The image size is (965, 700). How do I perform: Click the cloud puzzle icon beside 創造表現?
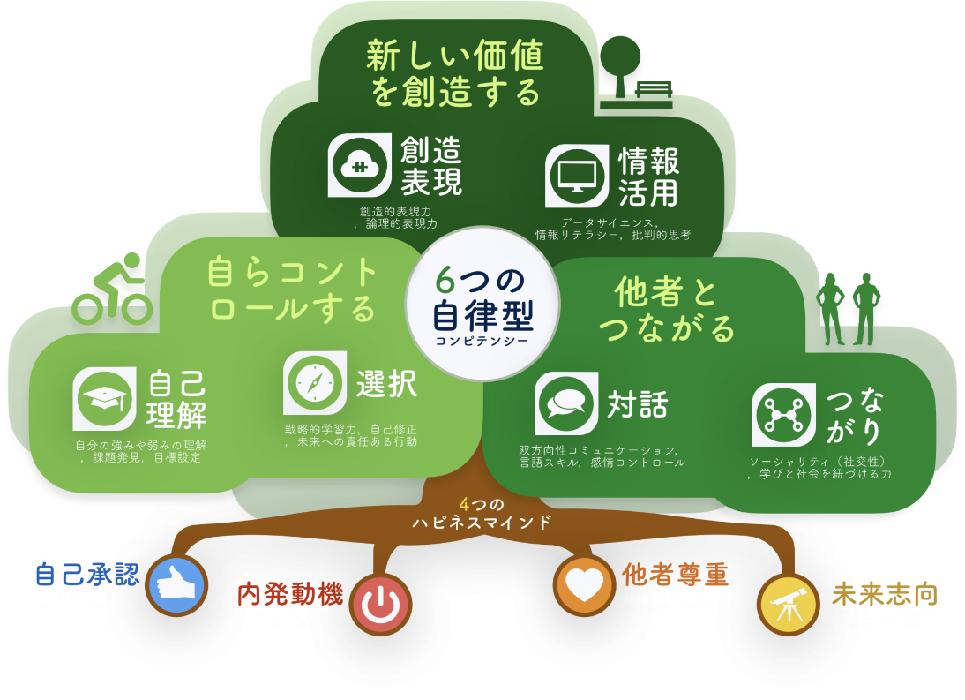(359, 165)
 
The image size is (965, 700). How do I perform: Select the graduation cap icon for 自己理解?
(105, 399)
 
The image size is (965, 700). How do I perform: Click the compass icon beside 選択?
(315, 382)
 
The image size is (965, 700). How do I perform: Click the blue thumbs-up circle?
(176, 585)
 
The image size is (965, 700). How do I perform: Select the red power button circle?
(380, 605)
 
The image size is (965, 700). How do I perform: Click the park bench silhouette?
(653, 92)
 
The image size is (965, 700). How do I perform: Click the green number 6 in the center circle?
(445, 281)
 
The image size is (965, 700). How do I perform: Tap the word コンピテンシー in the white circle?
(482, 341)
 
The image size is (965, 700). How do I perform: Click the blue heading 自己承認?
(87, 575)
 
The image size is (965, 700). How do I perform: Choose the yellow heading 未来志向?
(884, 594)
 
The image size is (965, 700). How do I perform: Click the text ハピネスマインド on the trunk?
(482, 523)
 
